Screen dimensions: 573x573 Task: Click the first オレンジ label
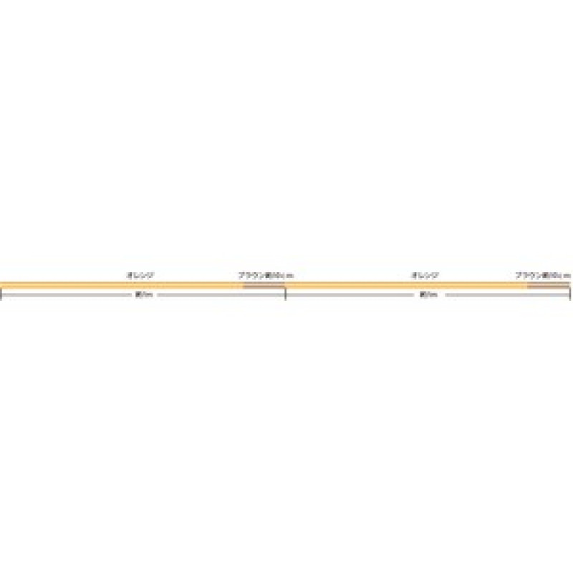pyautogui.click(x=140, y=275)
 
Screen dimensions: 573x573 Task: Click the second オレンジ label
pyautogui.click(x=425, y=275)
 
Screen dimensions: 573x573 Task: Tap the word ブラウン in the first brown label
pyautogui.click(x=251, y=275)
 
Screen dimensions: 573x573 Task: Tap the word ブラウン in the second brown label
pyautogui.click(x=529, y=275)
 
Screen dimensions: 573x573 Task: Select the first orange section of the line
pyautogui.click(x=122, y=285)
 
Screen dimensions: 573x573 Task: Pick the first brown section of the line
pyautogui.click(x=264, y=285)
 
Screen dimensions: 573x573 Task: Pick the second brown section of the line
pyautogui.click(x=548, y=285)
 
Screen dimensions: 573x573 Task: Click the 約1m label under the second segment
pyautogui.click(x=428, y=294)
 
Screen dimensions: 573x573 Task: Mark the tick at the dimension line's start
pyautogui.click(x=1, y=294)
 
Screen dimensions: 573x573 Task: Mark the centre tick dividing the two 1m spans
pyautogui.click(x=286, y=294)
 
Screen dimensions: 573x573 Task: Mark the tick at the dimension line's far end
pyautogui.click(x=570, y=294)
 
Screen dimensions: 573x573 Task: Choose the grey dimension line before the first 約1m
pyautogui.click(x=68, y=294)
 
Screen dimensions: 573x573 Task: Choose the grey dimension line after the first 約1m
pyautogui.click(x=218, y=294)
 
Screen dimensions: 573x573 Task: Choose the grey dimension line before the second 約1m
pyautogui.click(x=351, y=294)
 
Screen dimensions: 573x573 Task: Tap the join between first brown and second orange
pyautogui.click(x=286, y=285)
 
